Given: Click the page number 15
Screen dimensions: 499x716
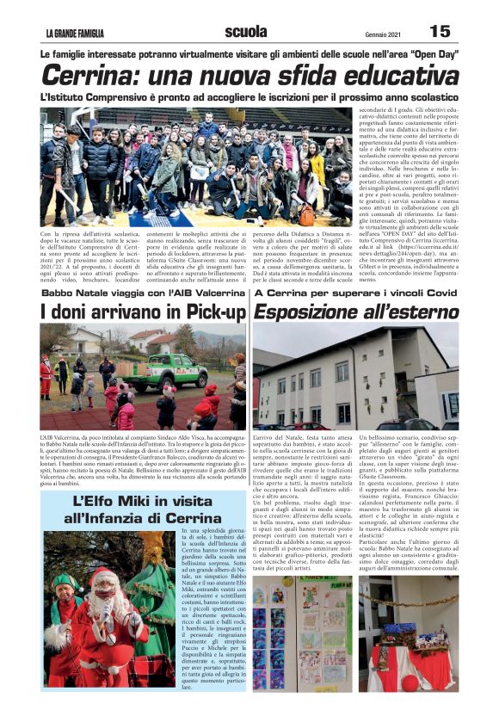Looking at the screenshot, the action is (440, 31).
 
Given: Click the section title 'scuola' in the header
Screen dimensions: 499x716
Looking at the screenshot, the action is (246, 32).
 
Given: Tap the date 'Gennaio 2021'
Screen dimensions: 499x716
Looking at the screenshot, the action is (374, 34).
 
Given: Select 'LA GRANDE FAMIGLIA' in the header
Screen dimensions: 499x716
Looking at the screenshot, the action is (76, 34).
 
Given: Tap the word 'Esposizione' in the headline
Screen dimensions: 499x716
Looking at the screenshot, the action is (313, 309).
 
